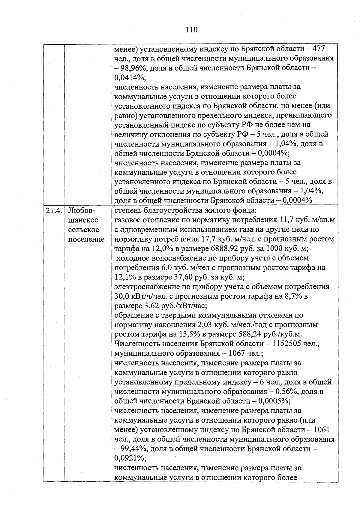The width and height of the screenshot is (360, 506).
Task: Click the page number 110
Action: [191, 29]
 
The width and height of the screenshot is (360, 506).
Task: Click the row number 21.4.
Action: [54, 210]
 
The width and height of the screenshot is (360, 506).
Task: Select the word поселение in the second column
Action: [86, 239]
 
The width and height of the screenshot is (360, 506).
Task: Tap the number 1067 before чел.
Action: [237, 354]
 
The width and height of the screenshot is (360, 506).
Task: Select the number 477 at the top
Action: [319, 49]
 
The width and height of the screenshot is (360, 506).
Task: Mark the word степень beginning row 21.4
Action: [127, 210]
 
